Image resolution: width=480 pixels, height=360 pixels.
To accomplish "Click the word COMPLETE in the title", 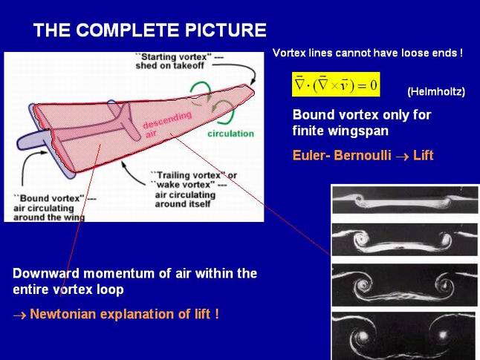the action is [127, 30].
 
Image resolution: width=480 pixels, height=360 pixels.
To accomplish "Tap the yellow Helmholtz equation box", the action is [336, 85].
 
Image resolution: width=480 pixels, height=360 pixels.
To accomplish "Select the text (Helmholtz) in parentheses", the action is [436, 91].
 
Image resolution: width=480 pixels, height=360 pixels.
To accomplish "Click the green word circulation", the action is [231, 134].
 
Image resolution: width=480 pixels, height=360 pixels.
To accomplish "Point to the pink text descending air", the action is [167, 125].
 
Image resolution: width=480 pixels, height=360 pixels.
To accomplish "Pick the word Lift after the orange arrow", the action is [424, 155].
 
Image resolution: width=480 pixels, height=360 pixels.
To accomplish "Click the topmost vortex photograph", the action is [405, 200].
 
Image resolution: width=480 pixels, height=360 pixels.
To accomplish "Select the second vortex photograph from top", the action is [405, 240].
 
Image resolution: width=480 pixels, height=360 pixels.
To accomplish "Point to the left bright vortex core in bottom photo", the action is [363, 336].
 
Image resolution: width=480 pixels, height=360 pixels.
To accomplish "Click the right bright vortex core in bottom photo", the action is [443, 335].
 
